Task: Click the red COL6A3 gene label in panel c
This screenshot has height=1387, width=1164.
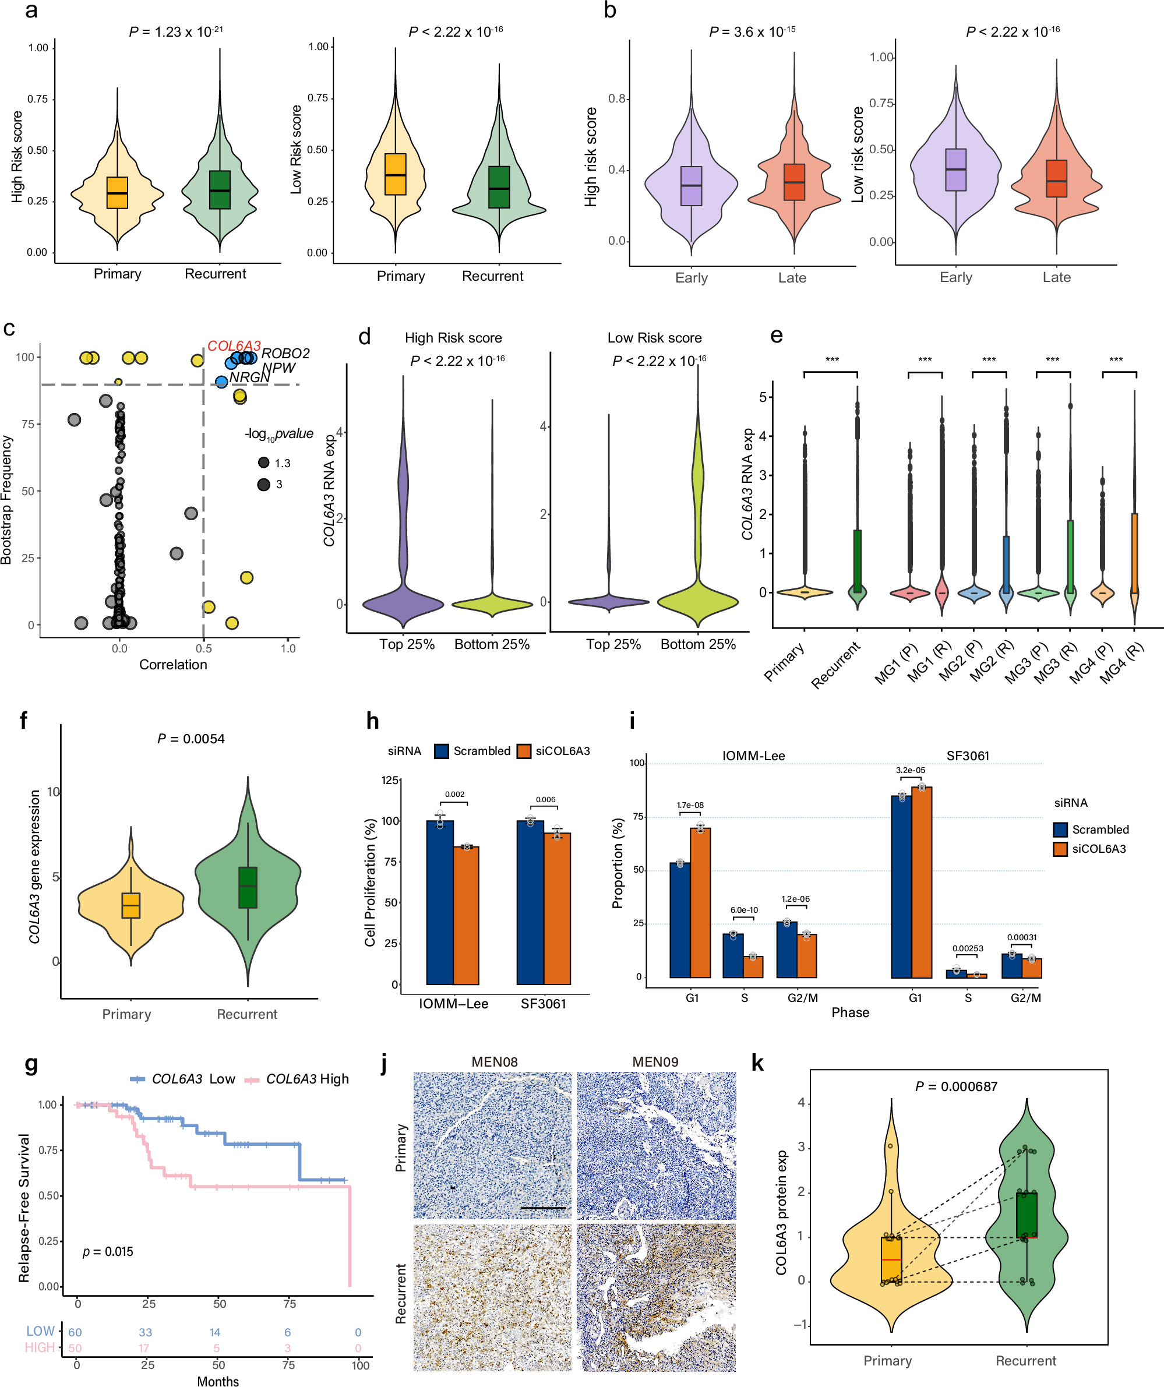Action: pos(234,346)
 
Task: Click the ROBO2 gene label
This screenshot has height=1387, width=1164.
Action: pos(285,354)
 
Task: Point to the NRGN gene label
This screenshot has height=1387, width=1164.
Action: pos(249,377)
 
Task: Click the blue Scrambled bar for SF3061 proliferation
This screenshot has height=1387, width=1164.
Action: pos(530,902)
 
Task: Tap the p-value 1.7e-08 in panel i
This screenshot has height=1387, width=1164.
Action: pos(690,805)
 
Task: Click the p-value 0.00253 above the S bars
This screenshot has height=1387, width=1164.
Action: pos(967,948)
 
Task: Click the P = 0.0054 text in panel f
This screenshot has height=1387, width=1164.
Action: pos(191,739)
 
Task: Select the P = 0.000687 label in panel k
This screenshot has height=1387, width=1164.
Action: pos(956,1086)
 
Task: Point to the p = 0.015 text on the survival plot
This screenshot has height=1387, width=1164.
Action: pos(108,1252)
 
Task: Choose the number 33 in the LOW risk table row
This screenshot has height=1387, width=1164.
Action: pos(145,1333)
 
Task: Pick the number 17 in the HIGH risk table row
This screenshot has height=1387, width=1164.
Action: pos(144,1348)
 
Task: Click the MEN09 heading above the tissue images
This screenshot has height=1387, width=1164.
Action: pos(655,1062)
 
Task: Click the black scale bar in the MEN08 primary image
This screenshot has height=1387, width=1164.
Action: pos(542,1208)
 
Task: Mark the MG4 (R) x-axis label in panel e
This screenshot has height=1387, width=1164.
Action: pos(1121,662)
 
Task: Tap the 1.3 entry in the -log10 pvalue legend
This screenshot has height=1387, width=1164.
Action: pos(282,463)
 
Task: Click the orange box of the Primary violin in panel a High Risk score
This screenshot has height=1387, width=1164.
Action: pos(117,193)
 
